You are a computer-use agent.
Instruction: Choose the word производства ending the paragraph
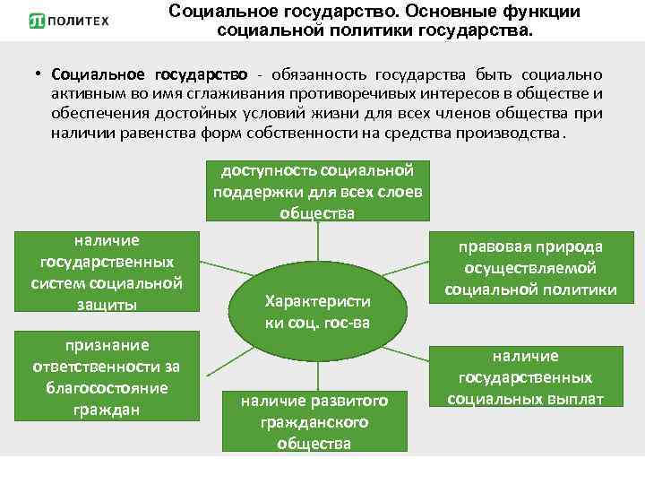pos(514,134)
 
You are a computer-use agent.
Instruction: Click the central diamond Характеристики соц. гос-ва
pos(317,312)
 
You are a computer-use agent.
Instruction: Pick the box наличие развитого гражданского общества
pos(314,421)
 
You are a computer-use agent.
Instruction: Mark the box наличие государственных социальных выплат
pos(525,377)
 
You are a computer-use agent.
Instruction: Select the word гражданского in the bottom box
pos(314,422)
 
